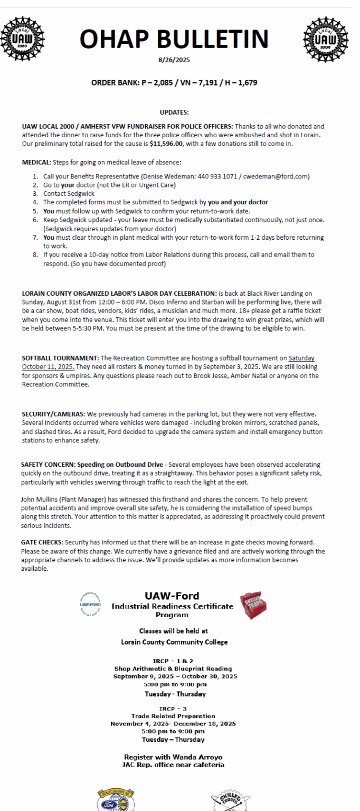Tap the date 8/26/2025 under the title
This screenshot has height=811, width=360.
coord(174,61)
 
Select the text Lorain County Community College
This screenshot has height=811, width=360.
coord(174,642)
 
